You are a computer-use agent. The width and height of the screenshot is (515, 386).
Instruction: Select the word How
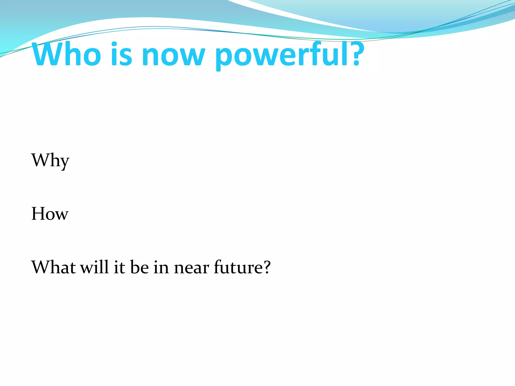50,214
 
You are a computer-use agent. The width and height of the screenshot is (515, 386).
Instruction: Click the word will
94,267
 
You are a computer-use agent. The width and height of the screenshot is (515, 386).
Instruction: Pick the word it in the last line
119,267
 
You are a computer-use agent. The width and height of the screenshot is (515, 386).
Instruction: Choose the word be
140,267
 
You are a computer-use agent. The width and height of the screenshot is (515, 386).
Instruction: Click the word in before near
161,267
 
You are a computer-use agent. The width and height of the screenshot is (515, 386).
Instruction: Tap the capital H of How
38,214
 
